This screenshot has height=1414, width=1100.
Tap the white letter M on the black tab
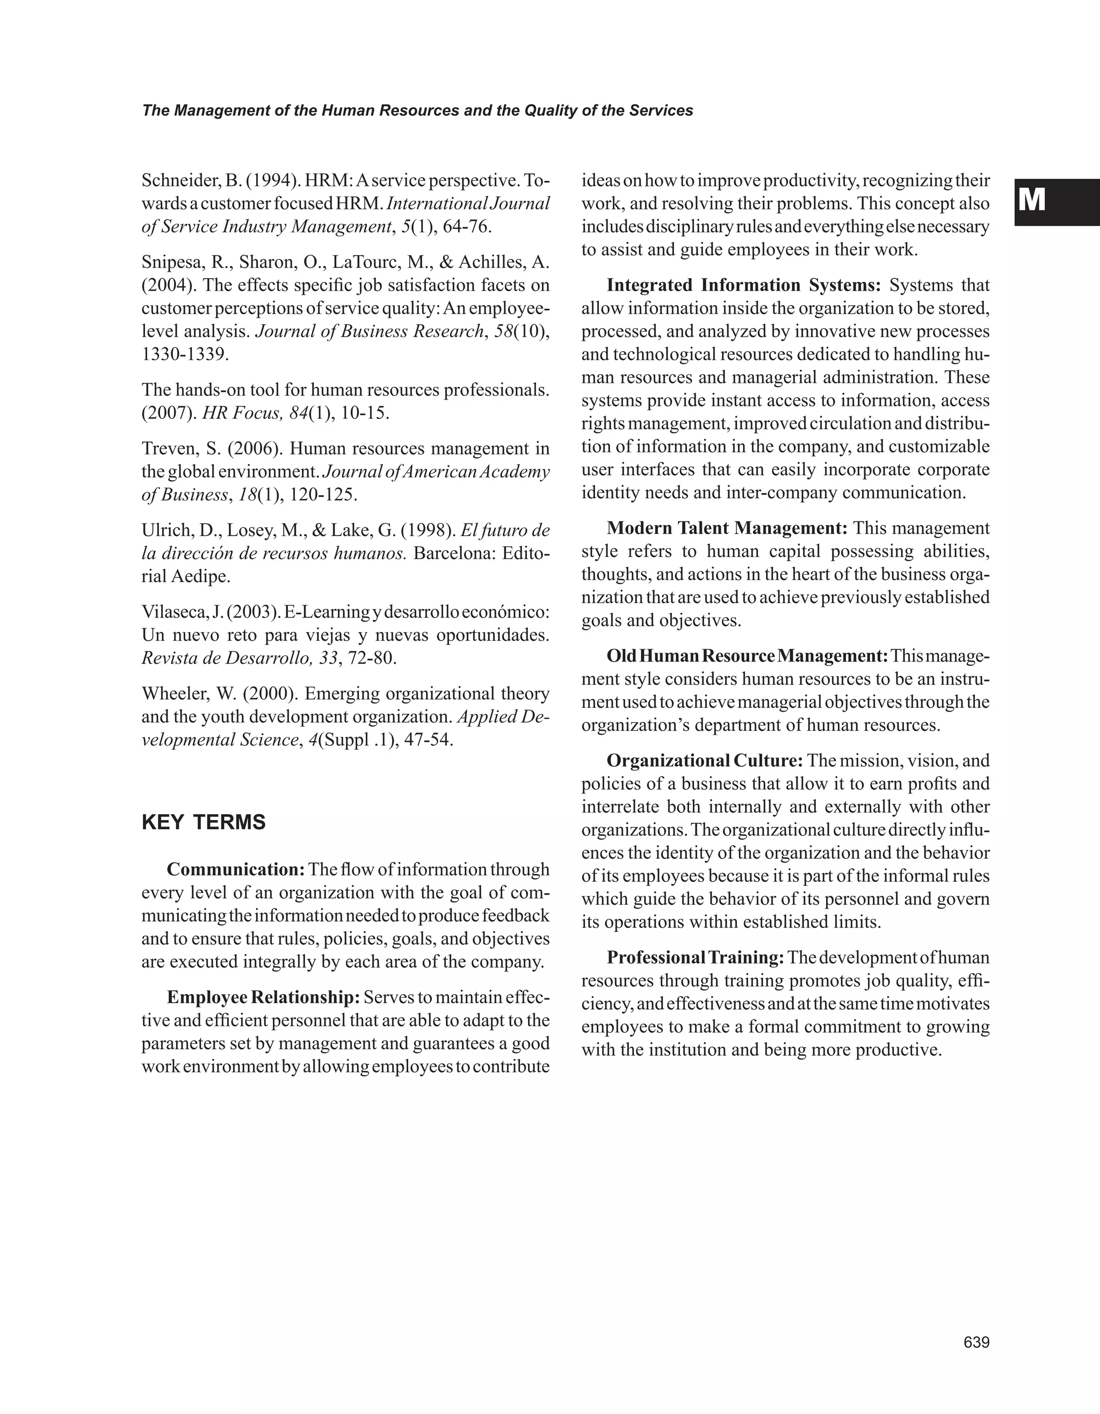pyautogui.click(x=1031, y=200)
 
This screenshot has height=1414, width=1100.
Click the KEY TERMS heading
pyautogui.click(x=204, y=822)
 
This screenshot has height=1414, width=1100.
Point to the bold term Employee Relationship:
pyautogui.click(x=263, y=997)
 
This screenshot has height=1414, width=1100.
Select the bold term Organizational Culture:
pyautogui.click(x=704, y=760)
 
